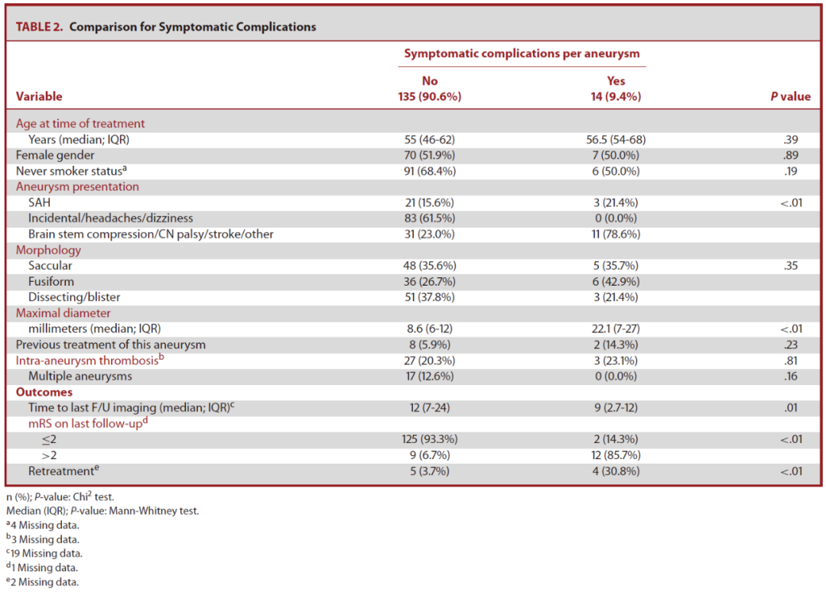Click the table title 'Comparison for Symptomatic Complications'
point(193,27)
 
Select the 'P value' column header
point(790,96)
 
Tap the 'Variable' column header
point(39,96)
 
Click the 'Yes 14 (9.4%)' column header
point(616,89)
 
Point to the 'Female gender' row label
point(55,155)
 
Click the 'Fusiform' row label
point(51,282)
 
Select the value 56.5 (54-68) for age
point(616,140)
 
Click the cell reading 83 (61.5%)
point(429,218)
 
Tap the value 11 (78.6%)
point(616,235)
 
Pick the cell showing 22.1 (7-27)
point(616,329)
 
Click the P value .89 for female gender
point(791,155)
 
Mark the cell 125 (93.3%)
point(429,439)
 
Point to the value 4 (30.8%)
point(616,471)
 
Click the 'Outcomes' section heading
point(44,392)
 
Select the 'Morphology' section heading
point(48,250)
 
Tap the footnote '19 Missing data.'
point(44,553)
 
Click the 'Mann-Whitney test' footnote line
point(102,510)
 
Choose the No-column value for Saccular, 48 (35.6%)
point(429,266)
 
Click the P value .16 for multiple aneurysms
point(791,377)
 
